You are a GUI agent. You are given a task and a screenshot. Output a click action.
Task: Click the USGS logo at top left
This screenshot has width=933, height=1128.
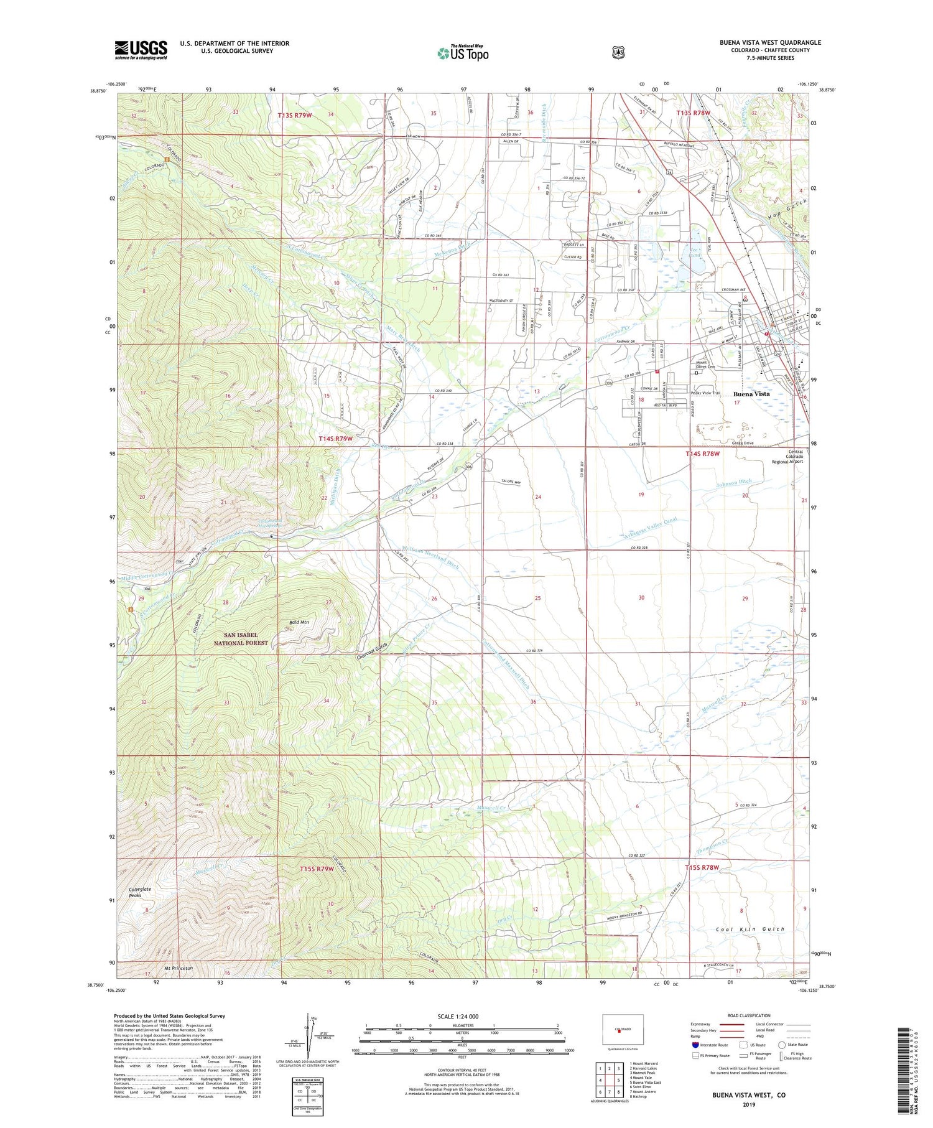coord(141,49)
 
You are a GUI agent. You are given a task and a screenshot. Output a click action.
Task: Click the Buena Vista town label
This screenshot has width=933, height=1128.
coord(751,394)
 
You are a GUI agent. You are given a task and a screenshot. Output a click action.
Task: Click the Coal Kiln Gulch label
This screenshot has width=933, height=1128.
coord(750,929)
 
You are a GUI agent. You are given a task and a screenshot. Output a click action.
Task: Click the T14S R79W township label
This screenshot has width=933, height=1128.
coord(336,439)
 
